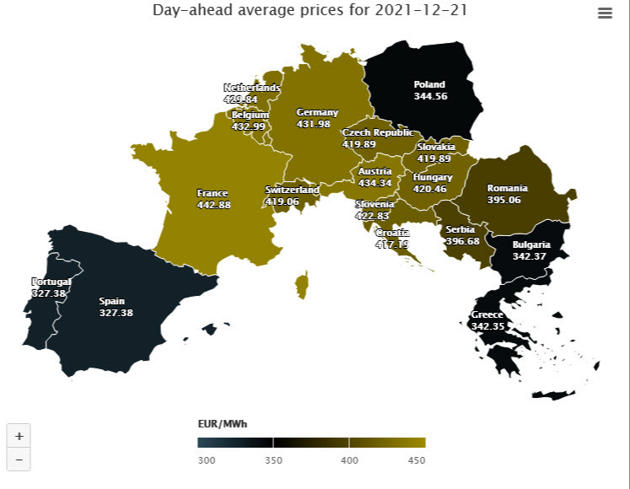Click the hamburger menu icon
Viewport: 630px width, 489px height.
click(x=605, y=13)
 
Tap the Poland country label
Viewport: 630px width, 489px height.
click(x=429, y=84)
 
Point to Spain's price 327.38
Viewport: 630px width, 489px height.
click(x=116, y=312)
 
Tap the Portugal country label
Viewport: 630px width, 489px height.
click(x=51, y=282)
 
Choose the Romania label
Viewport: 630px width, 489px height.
click(x=507, y=188)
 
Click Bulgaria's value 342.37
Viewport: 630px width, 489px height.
click(x=530, y=256)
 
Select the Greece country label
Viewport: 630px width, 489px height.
click(x=487, y=315)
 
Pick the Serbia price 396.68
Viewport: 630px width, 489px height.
click(x=462, y=241)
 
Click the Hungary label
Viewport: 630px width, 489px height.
click(x=433, y=178)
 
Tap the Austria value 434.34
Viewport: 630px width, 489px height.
click(x=374, y=183)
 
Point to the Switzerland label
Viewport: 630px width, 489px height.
click(x=292, y=191)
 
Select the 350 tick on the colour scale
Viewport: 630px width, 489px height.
click(x=272, y=460)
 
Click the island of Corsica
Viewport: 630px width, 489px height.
click(x=302, y=283)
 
